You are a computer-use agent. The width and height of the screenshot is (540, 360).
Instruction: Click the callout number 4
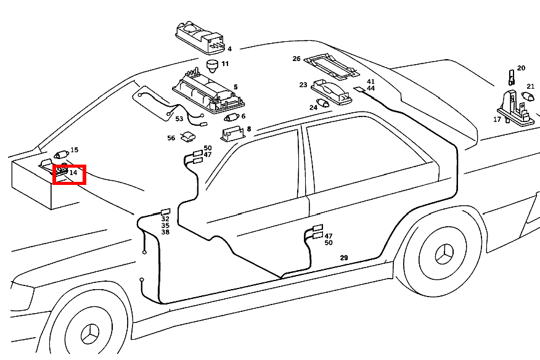point(229,49)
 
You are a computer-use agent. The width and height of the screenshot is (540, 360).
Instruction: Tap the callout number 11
point(225,64)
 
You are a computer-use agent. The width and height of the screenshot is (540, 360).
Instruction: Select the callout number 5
point(235,88)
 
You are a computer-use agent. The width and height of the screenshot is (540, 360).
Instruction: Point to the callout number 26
point(297,59)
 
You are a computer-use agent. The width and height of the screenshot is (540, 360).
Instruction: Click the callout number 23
point(303,85)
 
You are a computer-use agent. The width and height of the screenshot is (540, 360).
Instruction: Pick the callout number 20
point(521,68)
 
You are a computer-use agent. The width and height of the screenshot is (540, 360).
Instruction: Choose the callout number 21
point(530,87)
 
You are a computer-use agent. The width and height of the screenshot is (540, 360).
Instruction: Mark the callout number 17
point(497,120)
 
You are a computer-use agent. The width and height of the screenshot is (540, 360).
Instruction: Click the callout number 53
point(179,119)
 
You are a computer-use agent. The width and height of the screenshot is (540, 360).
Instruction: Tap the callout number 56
point(171,138)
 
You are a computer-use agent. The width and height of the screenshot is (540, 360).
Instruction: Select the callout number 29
point(344,258)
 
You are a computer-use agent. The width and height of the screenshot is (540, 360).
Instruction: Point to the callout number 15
point(75,150)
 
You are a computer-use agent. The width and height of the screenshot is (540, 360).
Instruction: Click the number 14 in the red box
point(73,173)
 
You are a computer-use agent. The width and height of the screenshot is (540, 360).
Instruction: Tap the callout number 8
point(248,129)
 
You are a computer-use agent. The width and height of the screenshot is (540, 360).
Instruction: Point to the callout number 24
point(313,107)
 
